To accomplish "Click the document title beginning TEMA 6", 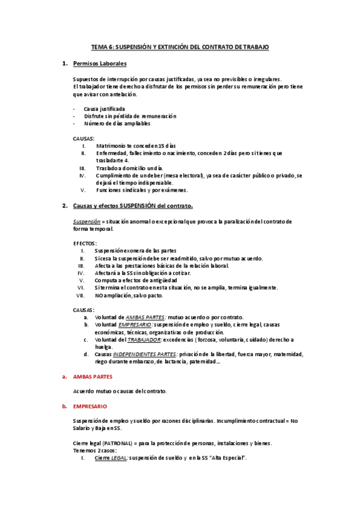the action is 180,46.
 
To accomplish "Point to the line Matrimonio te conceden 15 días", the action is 135,146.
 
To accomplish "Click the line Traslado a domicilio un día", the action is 129,168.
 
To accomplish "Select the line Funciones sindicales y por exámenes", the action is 141,190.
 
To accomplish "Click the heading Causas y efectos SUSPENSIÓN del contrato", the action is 132,206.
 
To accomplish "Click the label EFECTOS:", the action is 85,243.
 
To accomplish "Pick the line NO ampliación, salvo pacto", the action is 129,295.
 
